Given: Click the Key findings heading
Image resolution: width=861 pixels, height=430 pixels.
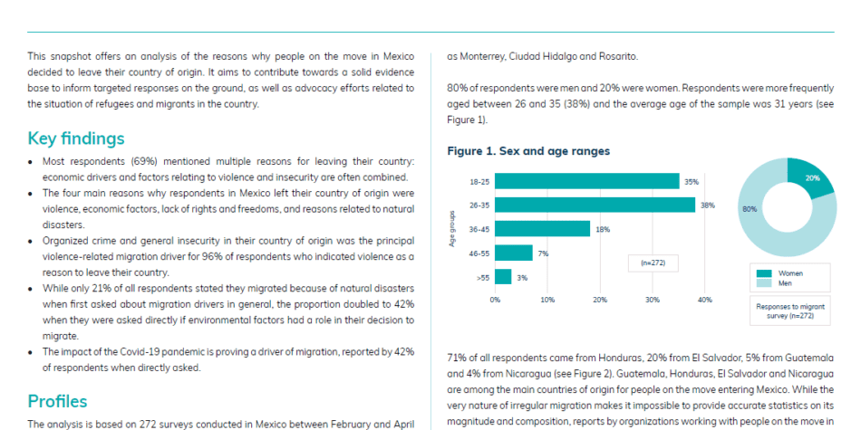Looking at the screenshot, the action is click(x=76, y=139).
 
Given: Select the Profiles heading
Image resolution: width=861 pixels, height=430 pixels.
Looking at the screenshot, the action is click(x=58, y=401).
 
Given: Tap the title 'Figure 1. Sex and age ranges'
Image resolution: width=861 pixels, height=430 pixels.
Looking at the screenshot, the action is click(x=528, y=151).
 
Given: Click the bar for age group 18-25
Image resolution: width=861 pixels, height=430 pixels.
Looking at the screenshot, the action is click(x=587, y=181).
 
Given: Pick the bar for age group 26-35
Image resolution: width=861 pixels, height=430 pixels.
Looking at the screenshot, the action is click(x=595, y=205).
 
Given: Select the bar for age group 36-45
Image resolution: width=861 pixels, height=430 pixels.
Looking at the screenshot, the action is click(x=543, y=229).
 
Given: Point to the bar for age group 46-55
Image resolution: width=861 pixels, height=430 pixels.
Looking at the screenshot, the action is click(x=513, y=253).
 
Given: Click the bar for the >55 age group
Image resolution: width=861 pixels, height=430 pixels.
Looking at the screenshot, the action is click(x=503, y=276).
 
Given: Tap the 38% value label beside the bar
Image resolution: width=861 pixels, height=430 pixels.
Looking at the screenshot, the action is click(x=708, y=205).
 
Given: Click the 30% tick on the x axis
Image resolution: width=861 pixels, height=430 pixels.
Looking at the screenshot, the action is click(x=653, y=300).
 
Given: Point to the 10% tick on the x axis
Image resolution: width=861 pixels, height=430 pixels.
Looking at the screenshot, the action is click(x=547, y=300).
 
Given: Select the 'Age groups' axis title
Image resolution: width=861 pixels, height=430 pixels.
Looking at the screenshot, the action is click(x=452, y=229).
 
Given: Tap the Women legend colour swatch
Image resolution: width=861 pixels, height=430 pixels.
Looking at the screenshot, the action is click(x=764, y=273).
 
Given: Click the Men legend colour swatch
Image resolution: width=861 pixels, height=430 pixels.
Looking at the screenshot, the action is click(x=764, y=283).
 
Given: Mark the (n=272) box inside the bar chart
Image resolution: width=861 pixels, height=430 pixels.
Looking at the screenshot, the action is click(x=653, y=263).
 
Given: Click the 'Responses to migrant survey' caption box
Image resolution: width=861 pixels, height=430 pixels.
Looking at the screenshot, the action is click(x=790, y=311).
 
